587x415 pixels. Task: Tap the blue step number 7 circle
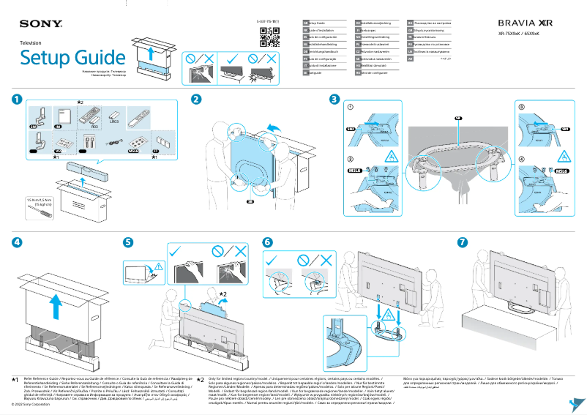(461, 242)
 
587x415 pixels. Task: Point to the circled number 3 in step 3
(521, 107)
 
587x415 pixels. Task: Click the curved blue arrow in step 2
(272, 130)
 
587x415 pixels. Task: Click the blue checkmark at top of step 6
(272, 260)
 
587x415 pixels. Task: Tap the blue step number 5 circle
(128, 242)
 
